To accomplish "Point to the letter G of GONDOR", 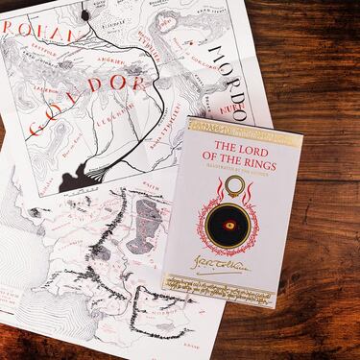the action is [39, 124].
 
